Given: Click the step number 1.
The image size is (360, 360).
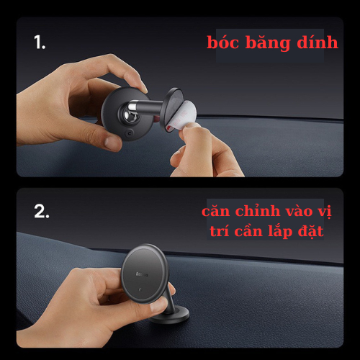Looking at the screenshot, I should (x=39, y=42).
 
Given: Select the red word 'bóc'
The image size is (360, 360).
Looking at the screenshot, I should (x=224, y=42).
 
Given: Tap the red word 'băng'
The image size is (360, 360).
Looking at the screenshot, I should (x=266, y=42).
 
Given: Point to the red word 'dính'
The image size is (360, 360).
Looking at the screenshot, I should (x=315, y=42).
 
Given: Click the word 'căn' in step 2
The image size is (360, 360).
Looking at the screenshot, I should (x=217, y=212).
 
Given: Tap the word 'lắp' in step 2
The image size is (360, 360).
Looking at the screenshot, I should (x=291, y=233).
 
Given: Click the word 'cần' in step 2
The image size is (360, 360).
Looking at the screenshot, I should (x=258, y=233).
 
